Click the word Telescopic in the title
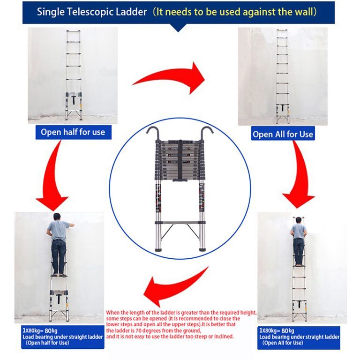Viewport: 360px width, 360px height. [x=96, y=12]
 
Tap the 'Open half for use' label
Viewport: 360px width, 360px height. [x=73, y=132]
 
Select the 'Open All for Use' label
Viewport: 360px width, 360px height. [x=283, y=134]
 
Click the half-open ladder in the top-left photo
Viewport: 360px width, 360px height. [x=73, y=75]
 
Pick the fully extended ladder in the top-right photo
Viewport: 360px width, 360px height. [x=282, y=75]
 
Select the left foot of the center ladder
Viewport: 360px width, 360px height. [x=157, y=249]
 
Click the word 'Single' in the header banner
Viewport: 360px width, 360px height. [x=52, y=12]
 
